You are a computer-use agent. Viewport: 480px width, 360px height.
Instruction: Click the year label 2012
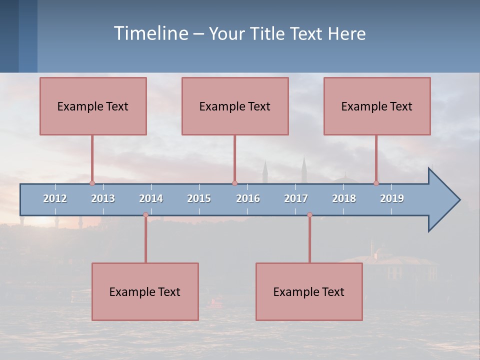pyautogui.click(x=55, y=198)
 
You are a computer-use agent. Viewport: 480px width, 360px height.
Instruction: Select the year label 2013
pyautogui.click(x=103, y=198)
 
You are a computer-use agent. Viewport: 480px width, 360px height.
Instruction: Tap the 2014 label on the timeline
pyautogui.click(x=151, y=198)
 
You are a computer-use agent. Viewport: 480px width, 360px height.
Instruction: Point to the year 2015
pyautogui.click(x=199, y=198)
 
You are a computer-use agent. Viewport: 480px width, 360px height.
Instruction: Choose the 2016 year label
pyautogui.click(x=248, y=198)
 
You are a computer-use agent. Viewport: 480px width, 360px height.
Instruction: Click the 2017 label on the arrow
pyautogui.click(x=296, y=198)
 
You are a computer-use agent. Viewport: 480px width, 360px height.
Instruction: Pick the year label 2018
pyautogui.click(x=344, y=198)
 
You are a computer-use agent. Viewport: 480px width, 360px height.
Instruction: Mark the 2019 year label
pyautogui.click(x=392, y=198)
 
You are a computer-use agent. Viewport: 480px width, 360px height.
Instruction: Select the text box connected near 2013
pyautogui.click(x=93, y=106)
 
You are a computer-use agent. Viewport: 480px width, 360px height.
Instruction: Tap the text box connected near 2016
pyautogui.click(x=235, y=106)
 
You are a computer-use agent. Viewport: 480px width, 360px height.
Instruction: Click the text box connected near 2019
pyautogui.click(x=377, y=106)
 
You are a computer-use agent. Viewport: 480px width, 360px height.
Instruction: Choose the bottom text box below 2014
pyautogui.click(x=145, y=291)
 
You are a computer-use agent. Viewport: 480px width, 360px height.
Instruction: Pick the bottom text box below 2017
pyautogui.click(x=309, y=291)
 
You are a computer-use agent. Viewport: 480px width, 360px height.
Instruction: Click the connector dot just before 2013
pyautogui.click(x=92, y=183)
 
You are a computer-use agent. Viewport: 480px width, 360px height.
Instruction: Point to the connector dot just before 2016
pyautogui.click(x=234, y=183)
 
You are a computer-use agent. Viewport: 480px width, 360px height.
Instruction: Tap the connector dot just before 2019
pyautogui.click(x=376, y=183)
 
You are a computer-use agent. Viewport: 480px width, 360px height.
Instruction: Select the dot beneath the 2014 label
pyautogui.click(x=145, y=215)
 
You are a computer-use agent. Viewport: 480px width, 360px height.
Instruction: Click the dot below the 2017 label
pyautogui.click(x=309, y=215)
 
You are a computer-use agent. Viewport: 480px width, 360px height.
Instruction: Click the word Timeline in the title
pyautogui.click(x=150, y=33)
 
